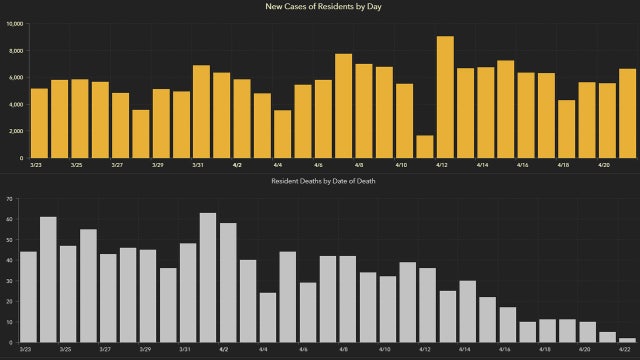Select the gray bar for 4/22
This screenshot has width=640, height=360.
click(626, 340)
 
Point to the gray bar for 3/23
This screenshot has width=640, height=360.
click(28, 296)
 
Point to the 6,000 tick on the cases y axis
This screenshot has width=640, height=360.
click(16, 77)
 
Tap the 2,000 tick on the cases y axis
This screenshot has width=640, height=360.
click(16, 131)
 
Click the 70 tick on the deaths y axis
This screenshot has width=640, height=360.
click(9, 199)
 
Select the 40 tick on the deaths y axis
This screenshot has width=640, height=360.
click(9, 260)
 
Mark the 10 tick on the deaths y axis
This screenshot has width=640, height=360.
click(9, 322)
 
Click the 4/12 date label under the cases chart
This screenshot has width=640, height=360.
click(440, 165)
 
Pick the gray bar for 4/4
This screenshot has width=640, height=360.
click(268, 317)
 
